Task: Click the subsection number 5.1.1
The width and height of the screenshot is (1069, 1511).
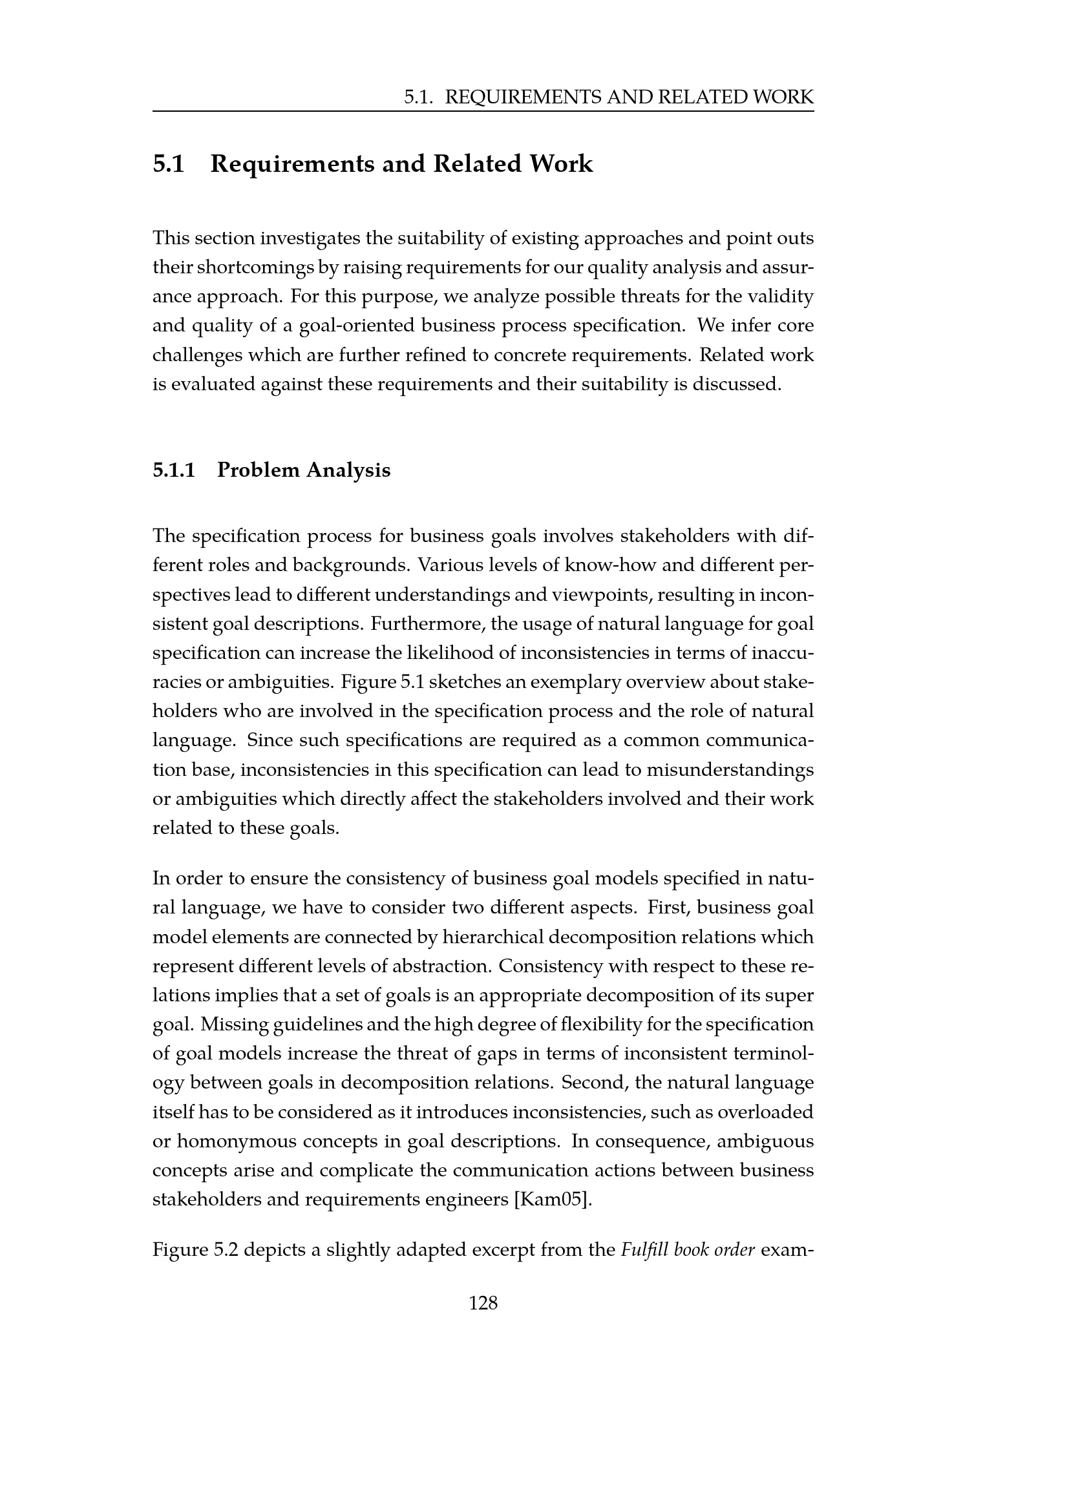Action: [x=175, y=470]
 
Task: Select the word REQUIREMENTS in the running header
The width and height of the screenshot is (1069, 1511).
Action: [x=524, y=98]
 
